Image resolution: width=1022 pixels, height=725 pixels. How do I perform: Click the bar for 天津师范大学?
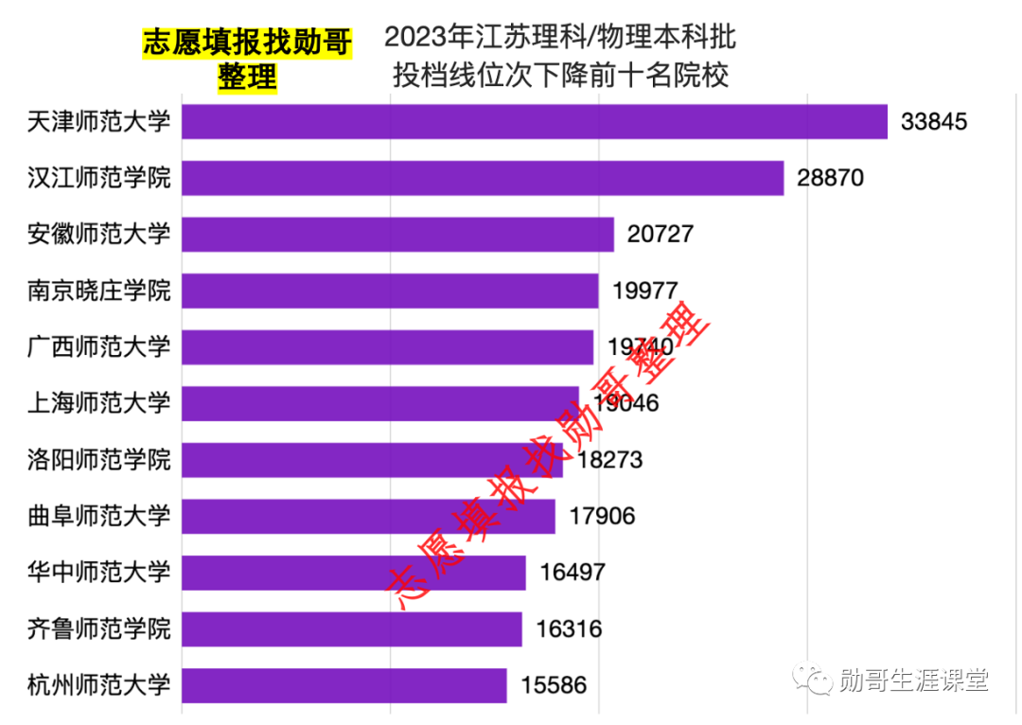(535, 122)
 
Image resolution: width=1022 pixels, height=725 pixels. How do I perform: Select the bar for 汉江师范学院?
(483, 178)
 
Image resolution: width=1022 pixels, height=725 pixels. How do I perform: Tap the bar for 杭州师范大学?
(344, 685)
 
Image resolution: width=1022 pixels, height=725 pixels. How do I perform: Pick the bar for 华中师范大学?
(354, 573)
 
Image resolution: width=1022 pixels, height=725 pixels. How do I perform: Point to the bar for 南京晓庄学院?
(390, 291)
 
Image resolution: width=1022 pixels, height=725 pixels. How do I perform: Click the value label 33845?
(935, 122)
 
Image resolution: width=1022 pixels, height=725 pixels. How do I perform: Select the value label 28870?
(831, 178)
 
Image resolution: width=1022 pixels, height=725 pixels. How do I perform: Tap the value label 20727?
(661, 234)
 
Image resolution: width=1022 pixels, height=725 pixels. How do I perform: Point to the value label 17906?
(602, 516)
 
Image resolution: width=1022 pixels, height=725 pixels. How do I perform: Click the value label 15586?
(554, 685)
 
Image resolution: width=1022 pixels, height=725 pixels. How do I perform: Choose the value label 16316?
(569, 629)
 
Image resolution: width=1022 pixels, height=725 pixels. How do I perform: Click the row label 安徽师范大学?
(99, 234)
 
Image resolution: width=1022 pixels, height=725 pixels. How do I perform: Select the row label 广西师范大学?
(99, 347)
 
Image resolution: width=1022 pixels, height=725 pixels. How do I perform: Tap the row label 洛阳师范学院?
(99, 460)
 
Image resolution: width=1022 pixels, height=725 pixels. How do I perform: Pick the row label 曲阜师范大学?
(99, 516)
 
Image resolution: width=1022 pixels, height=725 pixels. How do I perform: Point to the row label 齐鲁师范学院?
(99, 629)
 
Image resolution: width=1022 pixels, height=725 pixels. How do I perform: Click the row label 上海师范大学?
(99, 403)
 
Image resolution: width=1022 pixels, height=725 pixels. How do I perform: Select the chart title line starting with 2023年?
(560, 39)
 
